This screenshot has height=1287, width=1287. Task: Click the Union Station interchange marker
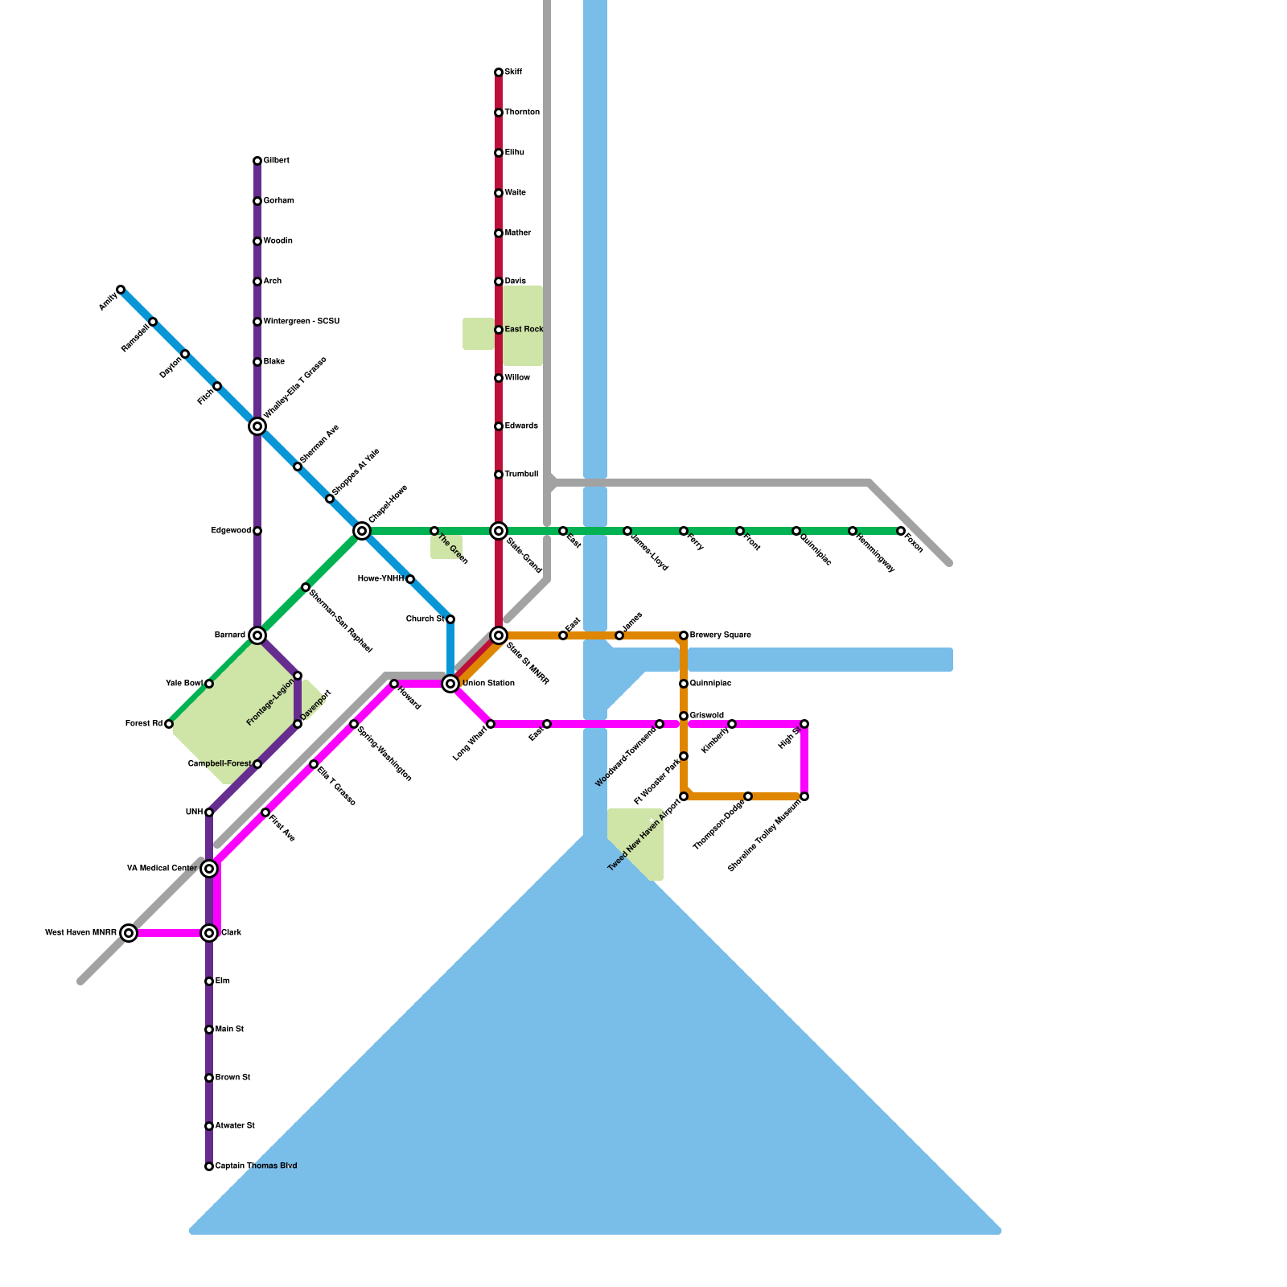[450, 684]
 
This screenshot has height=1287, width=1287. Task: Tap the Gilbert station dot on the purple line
[257, 161]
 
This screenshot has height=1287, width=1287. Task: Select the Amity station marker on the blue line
[121, 290]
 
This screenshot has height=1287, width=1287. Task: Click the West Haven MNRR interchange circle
[129, 933]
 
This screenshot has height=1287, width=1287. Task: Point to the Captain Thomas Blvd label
[256, 1166]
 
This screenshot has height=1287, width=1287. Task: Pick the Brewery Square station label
[720, 635]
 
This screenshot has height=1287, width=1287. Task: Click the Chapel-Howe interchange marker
[362, 531]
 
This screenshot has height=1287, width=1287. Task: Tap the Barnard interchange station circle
[257, 635]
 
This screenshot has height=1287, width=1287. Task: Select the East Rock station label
[524, 330]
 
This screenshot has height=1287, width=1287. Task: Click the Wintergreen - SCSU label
[301, 322]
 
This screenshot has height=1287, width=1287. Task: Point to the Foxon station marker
[901, 531]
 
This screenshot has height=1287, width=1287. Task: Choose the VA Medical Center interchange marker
[209, 869]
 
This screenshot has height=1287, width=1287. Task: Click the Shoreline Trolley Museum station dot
[804, 796]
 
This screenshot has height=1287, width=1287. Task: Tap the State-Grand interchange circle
[499, 531]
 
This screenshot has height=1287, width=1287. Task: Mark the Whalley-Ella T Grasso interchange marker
[257, 426]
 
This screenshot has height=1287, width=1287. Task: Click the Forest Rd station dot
[169, 724]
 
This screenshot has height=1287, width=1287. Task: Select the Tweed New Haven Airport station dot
[684, 796]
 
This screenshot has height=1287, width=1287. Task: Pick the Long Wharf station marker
[491, 724]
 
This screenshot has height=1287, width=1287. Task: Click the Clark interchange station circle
[209, 933]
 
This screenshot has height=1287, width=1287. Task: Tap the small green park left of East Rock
[479, 334]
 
